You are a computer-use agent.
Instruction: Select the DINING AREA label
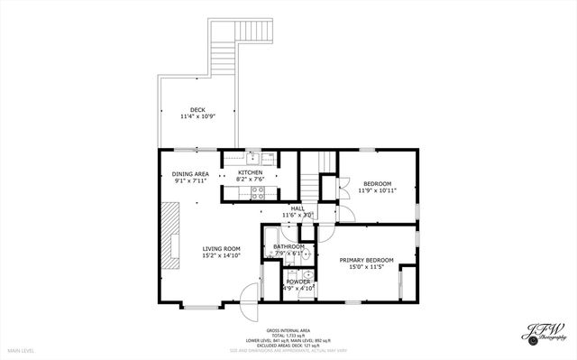click(x=190, y=174)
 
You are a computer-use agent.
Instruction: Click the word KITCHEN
click(x=250, y=172)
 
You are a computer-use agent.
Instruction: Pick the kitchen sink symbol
click(x=254, y=156)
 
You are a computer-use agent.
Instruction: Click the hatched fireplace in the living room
click(x=169, y=235)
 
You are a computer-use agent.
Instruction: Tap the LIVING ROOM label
click(x=221, y=249)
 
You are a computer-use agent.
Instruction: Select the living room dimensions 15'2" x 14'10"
click(x=221, y=256)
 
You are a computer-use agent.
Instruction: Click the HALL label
click(x=297, y=208)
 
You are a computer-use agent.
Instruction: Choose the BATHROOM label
click(x=289, y=246)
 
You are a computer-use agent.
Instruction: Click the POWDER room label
click(x=298, y=282)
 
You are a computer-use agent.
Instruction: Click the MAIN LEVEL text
click(x=21, y=349)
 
